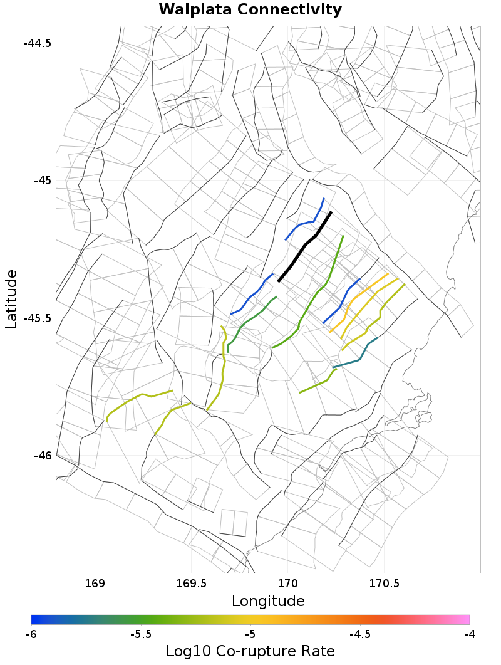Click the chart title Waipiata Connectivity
pos(250,10)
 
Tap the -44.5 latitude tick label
pos(37,43)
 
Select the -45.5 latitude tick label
pos(37,318)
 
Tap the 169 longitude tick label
pos(95,584)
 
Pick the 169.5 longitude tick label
pos(191,584)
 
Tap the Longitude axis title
pos(268,601)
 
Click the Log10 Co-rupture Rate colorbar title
pos(250,651)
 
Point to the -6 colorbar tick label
pos(31,634)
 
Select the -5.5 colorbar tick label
pos(140,634)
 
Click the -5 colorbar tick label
pos(250,634)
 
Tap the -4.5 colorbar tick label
pos(359,634)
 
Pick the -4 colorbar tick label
pos(469,634)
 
